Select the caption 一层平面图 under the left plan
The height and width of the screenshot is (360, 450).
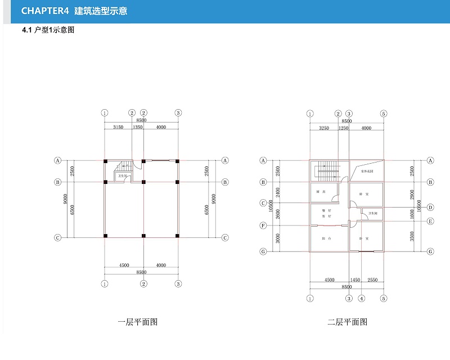click(137, 322)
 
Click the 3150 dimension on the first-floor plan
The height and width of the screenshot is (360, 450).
click(118, 128)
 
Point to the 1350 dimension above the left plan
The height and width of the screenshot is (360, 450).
click(138, 128)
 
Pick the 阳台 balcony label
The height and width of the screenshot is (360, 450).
click(325, 238)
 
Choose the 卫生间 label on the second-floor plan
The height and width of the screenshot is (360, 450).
click(372, 213)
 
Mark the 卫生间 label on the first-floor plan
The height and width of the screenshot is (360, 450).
click(121, 177)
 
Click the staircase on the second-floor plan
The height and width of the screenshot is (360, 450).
click(326, 169)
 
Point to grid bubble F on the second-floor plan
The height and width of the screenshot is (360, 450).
click(263, 226)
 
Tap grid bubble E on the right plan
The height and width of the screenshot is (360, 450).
click(430, 221)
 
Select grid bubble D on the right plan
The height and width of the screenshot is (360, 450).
click(430, 208)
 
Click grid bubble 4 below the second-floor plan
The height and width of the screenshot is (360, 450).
click(362, 298)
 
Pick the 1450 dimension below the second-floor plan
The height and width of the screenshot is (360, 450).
click(355, 280)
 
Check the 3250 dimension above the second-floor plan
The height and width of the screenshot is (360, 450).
click(324, 128)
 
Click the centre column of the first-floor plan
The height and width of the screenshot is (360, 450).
click(144, 182)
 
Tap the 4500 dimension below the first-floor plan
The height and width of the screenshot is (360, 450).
click(124, 265)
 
